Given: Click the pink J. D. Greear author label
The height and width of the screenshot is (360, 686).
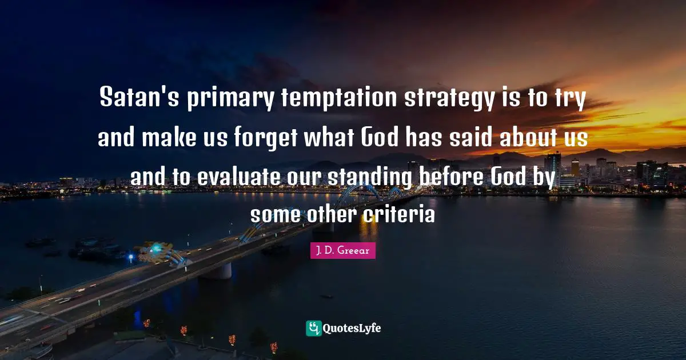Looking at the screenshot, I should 343,250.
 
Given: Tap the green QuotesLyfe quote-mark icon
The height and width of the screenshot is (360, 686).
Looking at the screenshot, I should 314,328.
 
